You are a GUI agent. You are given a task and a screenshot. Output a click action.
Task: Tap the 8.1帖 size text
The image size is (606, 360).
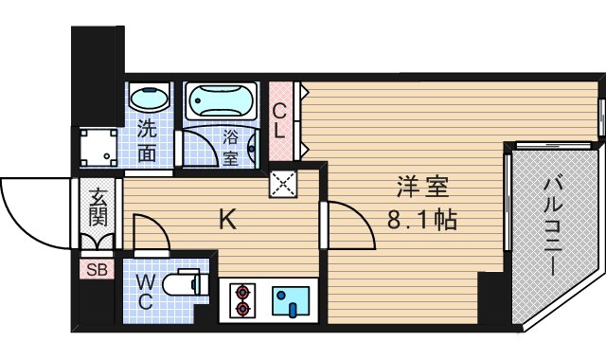click(422, 222)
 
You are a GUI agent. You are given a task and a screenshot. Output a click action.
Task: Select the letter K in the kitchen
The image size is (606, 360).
click(227, 220)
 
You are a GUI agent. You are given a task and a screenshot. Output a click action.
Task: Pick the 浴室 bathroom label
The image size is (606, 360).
click(231, 148)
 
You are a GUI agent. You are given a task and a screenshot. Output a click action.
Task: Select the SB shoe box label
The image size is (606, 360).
click(97, 270)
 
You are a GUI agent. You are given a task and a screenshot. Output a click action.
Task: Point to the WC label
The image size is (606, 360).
click(145, 292)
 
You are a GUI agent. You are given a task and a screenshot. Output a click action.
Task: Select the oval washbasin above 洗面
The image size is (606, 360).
click(149, 99)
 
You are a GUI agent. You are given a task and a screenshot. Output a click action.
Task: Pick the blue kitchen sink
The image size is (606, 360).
click(292, 300)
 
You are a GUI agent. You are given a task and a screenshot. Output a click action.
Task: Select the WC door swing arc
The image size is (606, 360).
click(150, 234)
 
